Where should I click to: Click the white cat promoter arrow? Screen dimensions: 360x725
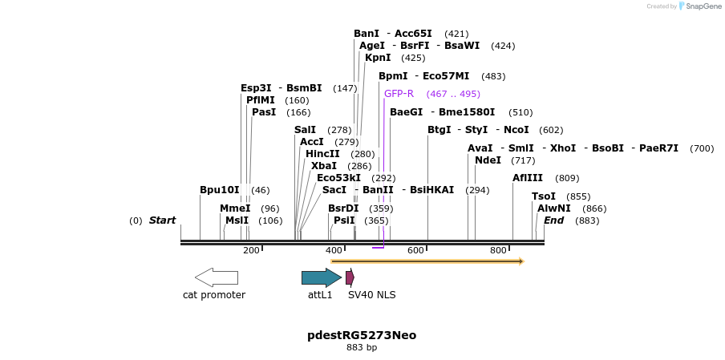(x=216, y=277)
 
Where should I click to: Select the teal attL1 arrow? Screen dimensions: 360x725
(x=321, y=277)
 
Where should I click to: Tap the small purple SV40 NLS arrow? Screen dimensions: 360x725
(x=350, y=277)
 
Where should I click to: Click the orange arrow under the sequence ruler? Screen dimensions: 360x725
(x=427, y=261)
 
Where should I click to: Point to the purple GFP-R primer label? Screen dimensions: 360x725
(x=399, y=94)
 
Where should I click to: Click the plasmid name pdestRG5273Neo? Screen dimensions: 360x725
(x=362, y=334)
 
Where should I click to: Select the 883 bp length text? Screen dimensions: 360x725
(x=362, y=348)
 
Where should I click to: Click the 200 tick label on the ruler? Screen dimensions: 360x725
(x=251, y=251)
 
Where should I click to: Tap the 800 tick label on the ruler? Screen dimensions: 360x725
(x=498, y=251)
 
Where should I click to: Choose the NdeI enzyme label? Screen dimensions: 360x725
(x=488, y=160)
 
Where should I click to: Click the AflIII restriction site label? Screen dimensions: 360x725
(x=528, y=178)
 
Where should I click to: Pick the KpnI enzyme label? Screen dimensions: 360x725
(x=378, y=58)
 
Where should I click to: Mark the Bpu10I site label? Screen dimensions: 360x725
(x=220, y=190)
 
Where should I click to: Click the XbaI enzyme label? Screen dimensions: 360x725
(x=324, y=166)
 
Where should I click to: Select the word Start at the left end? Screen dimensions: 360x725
(x=162, y=220)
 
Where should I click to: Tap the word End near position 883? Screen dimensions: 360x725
(x=554, y=220)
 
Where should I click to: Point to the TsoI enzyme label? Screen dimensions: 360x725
(x=544, y=196)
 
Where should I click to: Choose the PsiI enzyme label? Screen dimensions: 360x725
(x=344, y=220)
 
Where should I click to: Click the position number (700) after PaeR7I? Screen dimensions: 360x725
(x=701, y=148)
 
